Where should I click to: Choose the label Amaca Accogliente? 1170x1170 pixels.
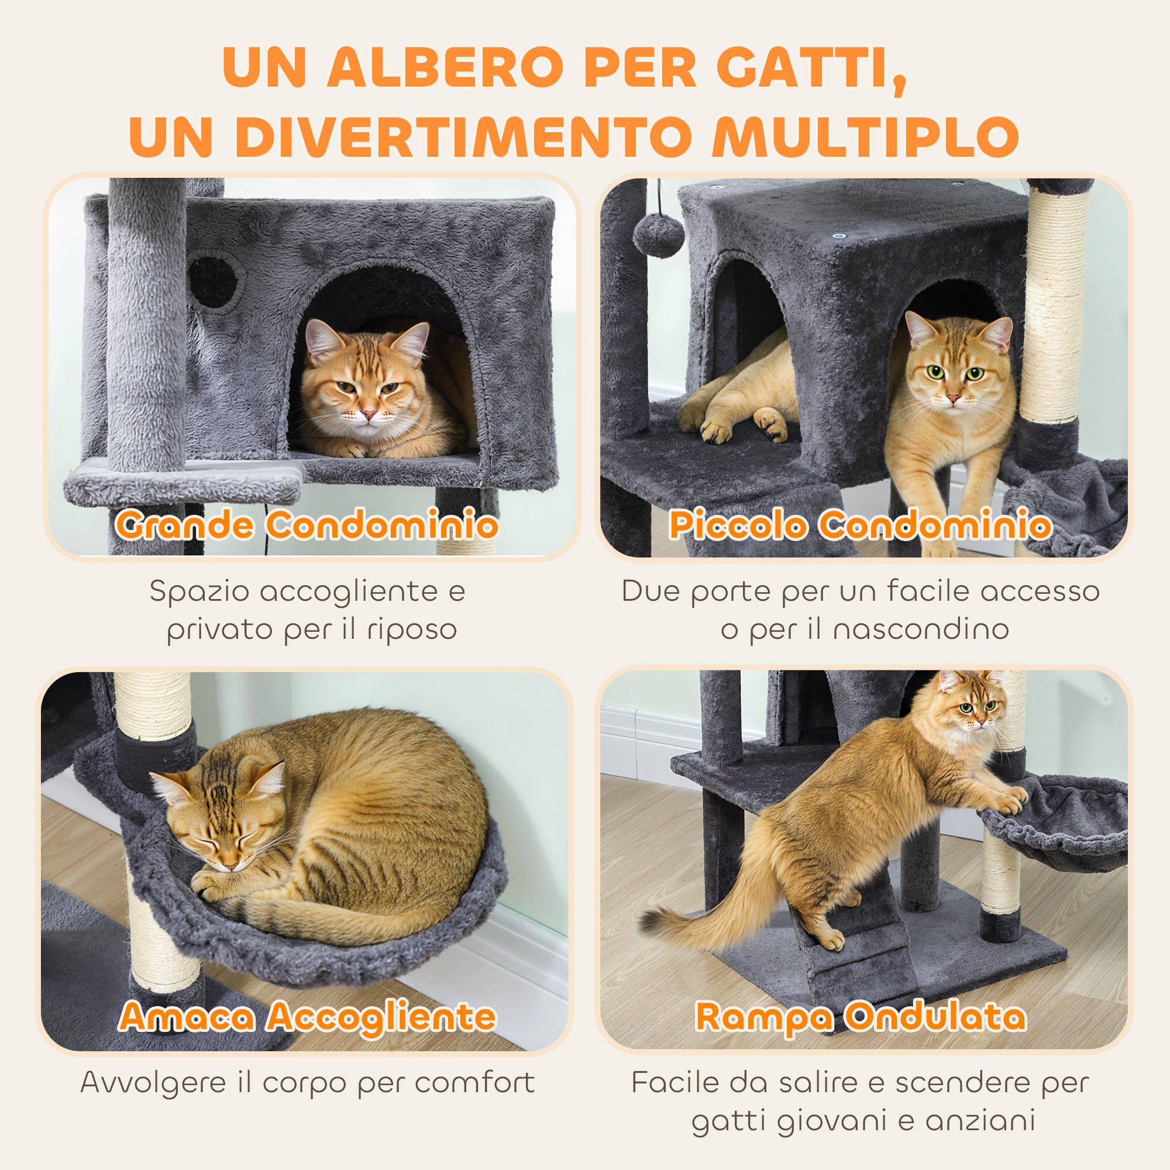(x=307, y=1016)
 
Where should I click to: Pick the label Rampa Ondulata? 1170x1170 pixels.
(x=861, y=1016)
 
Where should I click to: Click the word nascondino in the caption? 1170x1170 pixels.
(x=920, y=630)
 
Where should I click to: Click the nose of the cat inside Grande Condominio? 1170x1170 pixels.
(x=367, y=415)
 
